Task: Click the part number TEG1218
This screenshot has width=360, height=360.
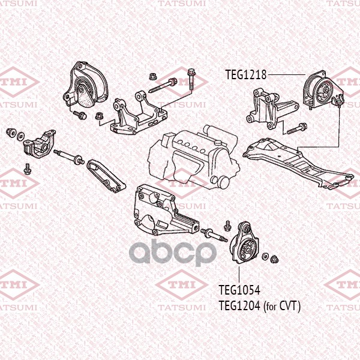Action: click(x=245, y=74)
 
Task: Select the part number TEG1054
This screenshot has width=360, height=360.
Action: click(x=239, y=290)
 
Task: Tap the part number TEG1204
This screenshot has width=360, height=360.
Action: click(x=239, y=305)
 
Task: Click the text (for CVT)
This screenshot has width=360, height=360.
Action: click(x=282, y=306)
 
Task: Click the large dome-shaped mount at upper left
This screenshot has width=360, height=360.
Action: click(x=85, y=85)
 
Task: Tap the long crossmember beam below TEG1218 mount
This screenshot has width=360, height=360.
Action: click(x=298, y=163)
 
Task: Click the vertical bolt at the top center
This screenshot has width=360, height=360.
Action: click(x=191, y=79)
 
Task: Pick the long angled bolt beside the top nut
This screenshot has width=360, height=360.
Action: click(x=163, y=86)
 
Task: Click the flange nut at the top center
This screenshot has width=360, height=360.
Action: click(x=152, y=76)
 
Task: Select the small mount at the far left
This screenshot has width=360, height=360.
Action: click(x=40, y=144)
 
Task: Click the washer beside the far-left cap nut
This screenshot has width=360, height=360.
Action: click(x=21, y=136)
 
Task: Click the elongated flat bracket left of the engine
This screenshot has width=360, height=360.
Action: click(x=106, y=175)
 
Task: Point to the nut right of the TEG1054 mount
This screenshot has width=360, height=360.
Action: click(x=274, y=259)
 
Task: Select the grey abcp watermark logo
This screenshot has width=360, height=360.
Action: click(x=173, y=253)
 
